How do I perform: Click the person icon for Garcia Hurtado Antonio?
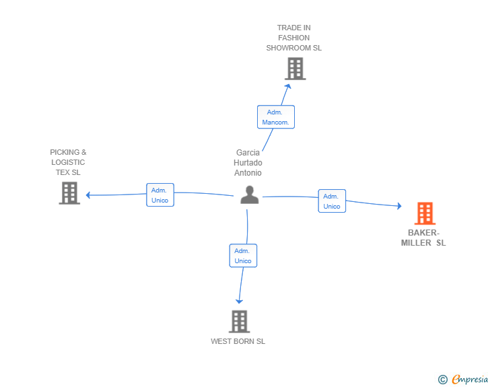pyautogui.click(x=250, y=195)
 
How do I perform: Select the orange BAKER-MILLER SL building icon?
pyautogui.click(x=425, y=213)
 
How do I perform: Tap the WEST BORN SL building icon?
pyautogui.click(x=239, y=322)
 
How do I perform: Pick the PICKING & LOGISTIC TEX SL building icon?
pyautogui.click(x=69, y=193)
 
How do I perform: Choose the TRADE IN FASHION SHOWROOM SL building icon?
pyautogui.click(x=295, y=69)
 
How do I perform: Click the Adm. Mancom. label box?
pyautogui.click(x=276, y=117)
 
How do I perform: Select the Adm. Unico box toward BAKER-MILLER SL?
pyautogui.click(x=332, y=201)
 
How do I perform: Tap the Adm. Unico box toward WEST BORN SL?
pyautogui.click(x=243, y=256)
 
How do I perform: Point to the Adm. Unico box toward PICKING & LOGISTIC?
pyautogui.click(x=160, y=195)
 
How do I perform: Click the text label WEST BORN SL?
pyautogui.click(x=238, y=341)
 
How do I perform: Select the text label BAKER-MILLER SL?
pyautogui.click(x=423, y=238)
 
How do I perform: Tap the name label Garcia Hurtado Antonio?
pyautogui.click(x=248, y=163)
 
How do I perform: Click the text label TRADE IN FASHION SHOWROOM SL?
pyautogui.click(x=294, y=38)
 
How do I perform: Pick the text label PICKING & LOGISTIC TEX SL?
pyautogui.click(x=68, y=162)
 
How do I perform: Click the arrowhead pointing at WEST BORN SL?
pyautogui.click(x=239, y=301)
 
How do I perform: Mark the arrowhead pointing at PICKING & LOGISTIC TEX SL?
pyautogui.click(x=88, y=195)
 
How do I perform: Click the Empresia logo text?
pyautogui.click(x=470, y=380)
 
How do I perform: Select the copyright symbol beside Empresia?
pyautogui.click(x=443, y=380)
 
